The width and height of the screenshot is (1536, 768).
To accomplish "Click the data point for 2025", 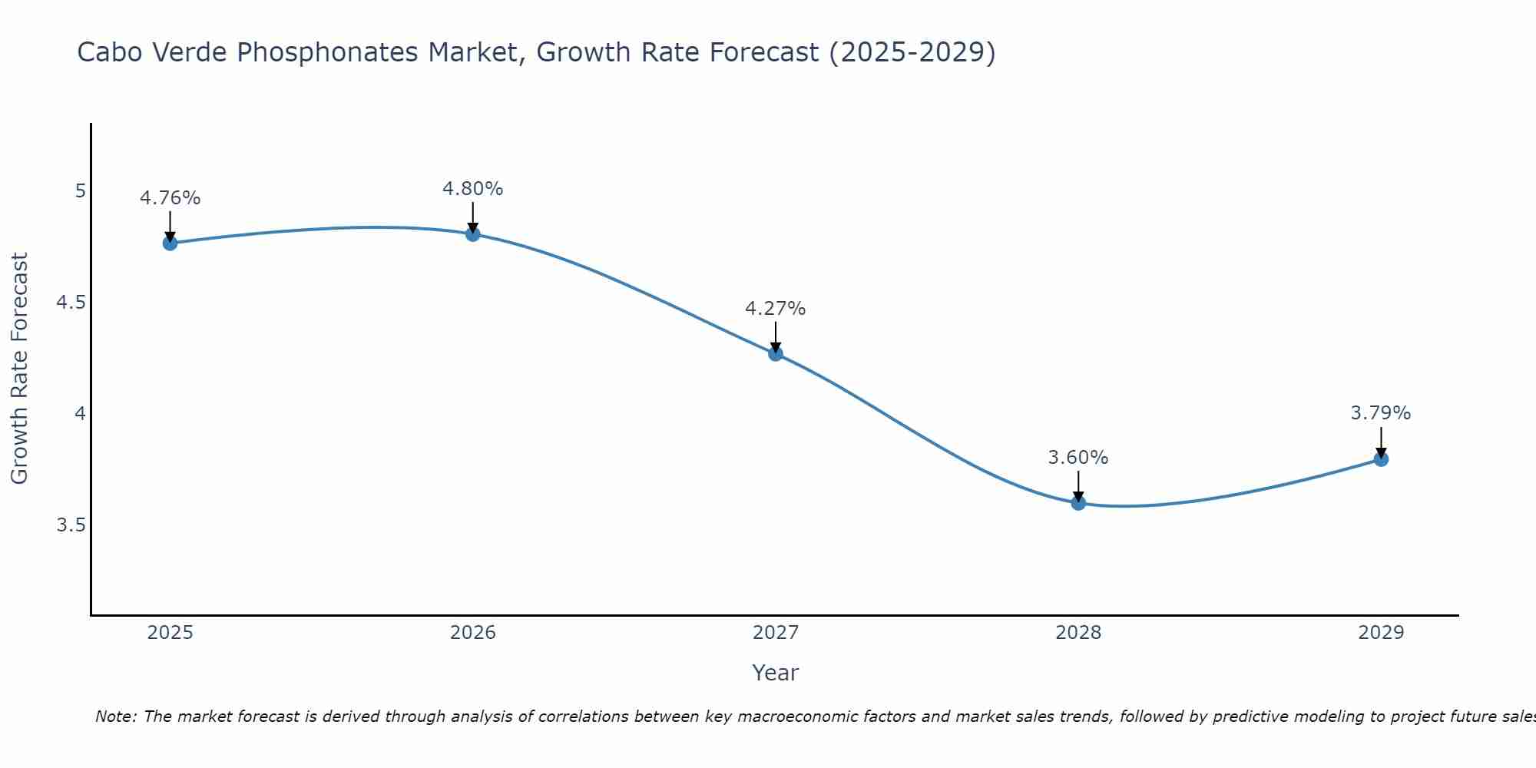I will tap(170, 243).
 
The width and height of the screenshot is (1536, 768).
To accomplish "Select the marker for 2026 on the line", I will tap(473, 234).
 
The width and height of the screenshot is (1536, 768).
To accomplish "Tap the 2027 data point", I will tap(776, 354).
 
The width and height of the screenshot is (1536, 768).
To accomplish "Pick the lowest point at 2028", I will tap(1078, 503).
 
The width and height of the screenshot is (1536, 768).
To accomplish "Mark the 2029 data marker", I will tap(1381, 459).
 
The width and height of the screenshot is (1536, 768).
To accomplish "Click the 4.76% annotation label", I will tap(170, 198).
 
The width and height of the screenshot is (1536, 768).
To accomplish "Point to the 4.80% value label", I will tap(473, 189).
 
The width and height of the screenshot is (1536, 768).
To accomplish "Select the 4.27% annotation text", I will tap(776, 309).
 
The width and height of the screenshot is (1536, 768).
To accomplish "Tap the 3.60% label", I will tap(1078, 458).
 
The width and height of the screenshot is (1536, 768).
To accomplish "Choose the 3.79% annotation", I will tap(1381, 413).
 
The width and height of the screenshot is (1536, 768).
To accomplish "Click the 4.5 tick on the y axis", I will tap(71, 303).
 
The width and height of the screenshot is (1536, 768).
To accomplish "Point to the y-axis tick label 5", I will tap(80, 191).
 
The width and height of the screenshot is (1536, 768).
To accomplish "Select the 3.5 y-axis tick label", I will tap(71, 525).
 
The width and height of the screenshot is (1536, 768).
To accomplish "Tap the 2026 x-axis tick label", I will tap(473, 633).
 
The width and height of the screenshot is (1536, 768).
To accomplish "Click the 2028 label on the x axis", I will tap(1078, 633).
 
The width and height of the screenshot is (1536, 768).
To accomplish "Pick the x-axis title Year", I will tap(776, 673).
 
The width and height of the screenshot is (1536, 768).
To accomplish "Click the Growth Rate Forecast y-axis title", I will tap(20, 369).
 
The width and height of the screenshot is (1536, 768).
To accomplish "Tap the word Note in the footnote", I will tap(115, 717).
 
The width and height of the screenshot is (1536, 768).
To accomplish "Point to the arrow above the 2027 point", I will tap(776, 336).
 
